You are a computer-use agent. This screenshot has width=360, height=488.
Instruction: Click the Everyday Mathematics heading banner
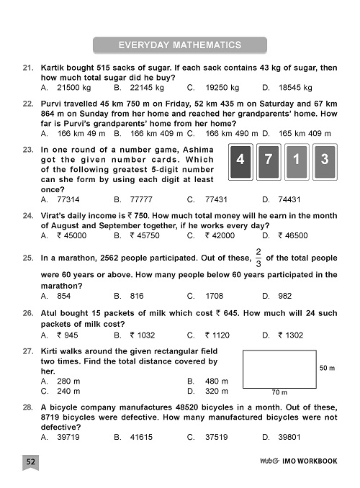[x=180, y=45]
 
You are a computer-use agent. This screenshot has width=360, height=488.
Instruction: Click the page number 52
[x=31, y=461]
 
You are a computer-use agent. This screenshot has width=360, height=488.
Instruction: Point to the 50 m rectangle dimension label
[x=327, y=368]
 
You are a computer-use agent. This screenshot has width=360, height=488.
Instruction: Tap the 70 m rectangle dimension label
[x=280, y=393]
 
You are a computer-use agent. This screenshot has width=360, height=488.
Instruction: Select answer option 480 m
[x=216, y=381]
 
